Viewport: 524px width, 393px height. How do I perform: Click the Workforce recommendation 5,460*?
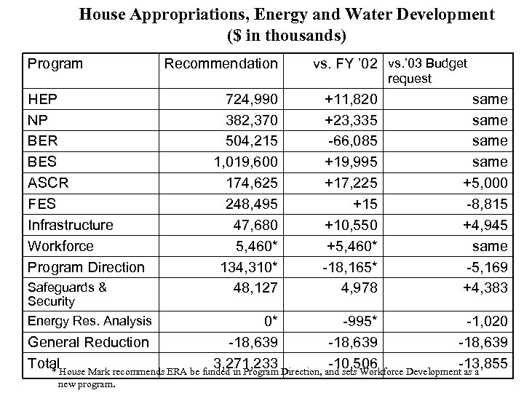(253, 246)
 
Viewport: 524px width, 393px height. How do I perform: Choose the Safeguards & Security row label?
(66, 294)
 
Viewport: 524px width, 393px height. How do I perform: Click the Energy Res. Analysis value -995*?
(354, 321)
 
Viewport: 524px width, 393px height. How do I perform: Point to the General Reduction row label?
(87, 342)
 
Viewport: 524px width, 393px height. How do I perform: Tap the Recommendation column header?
(221, 64)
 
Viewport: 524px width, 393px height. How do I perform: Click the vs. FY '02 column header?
(346, 64)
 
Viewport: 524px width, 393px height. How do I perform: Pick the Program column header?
(55, 64)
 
